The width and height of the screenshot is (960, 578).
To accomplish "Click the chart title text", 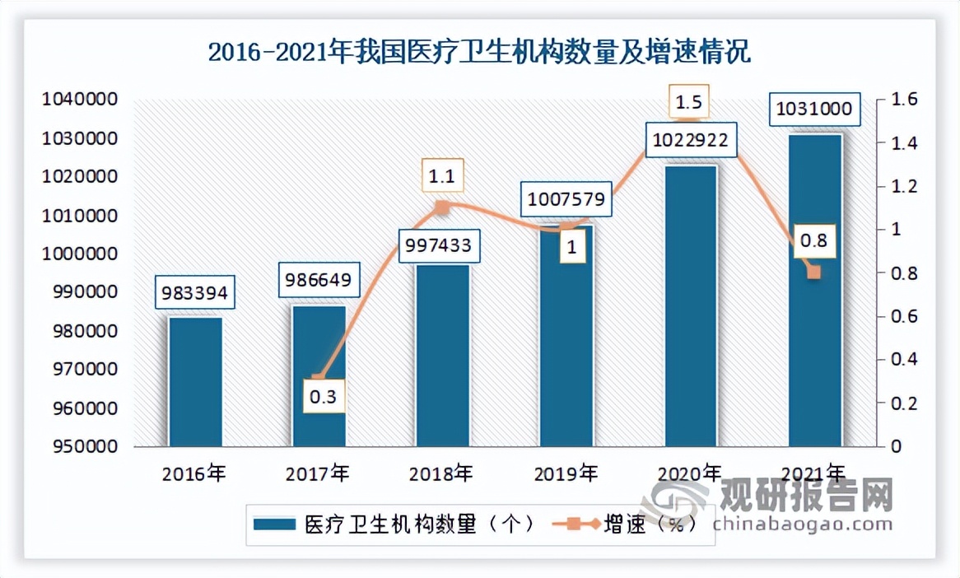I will click(x=479, y=54).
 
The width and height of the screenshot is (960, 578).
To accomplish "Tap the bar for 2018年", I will click(x=443, y=356).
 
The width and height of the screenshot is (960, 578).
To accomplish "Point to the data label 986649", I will click(x=319, y=280).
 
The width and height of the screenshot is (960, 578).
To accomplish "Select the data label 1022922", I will click(x=690, y=140).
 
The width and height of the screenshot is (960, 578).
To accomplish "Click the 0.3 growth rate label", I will click(x=323, y=397).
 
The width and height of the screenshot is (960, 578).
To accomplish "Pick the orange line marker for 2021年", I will click(x=814, y=273).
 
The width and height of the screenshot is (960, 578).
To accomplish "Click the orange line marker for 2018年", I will click(x=442, y=207).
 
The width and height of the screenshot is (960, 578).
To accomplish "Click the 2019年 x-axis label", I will click(x=566, y=473).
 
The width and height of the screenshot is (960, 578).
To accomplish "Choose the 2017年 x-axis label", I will click(x=318, y=473).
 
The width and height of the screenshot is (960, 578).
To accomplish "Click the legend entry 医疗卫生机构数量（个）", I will click(x=395, y=524).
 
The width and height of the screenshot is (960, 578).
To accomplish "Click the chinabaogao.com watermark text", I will click(x=803, y=524).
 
